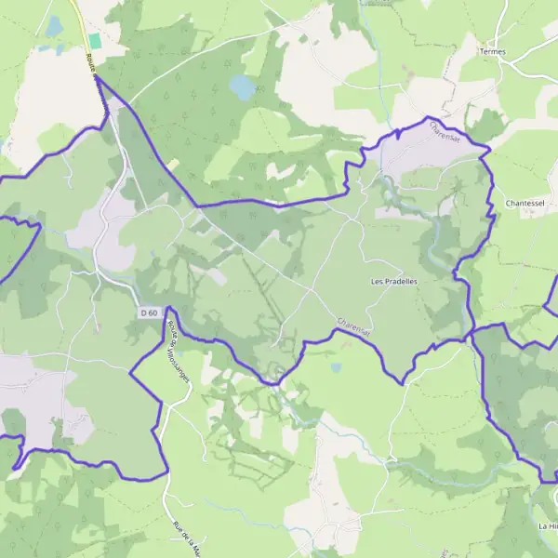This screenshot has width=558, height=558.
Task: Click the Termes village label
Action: [x=493, y=51]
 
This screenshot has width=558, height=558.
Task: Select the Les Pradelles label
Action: [x=393, y=281]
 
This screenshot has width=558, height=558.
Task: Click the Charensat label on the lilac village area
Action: [x=445, y=136]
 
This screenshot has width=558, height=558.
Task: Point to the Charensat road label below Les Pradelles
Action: [x=353, y=325]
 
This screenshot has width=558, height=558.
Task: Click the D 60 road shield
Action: [x=150, y=313]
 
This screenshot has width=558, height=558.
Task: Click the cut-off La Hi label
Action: [x=547, y=526]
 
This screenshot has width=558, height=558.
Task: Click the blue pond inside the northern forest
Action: [x=243, y=87]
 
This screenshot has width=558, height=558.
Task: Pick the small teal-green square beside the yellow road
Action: [x=95, y=41]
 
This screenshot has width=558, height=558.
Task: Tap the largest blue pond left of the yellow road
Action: [x=54, y=25]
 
